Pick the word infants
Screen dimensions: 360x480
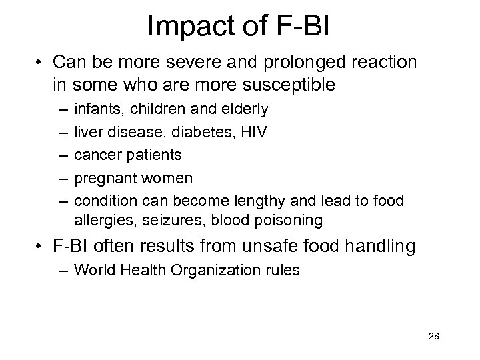[97, 109]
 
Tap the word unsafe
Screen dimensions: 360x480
[257, 247]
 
